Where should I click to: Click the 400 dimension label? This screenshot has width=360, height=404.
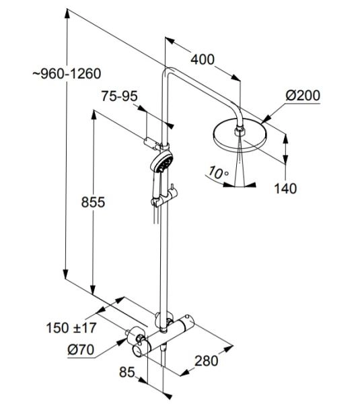coord(201,60)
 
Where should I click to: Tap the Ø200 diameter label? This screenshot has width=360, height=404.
coord(302,95)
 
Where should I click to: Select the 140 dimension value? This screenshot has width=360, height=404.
coord(285,188)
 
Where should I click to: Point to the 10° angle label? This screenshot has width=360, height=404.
coord(217,173)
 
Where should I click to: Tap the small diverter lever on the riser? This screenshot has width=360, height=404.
coord(172,189)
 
